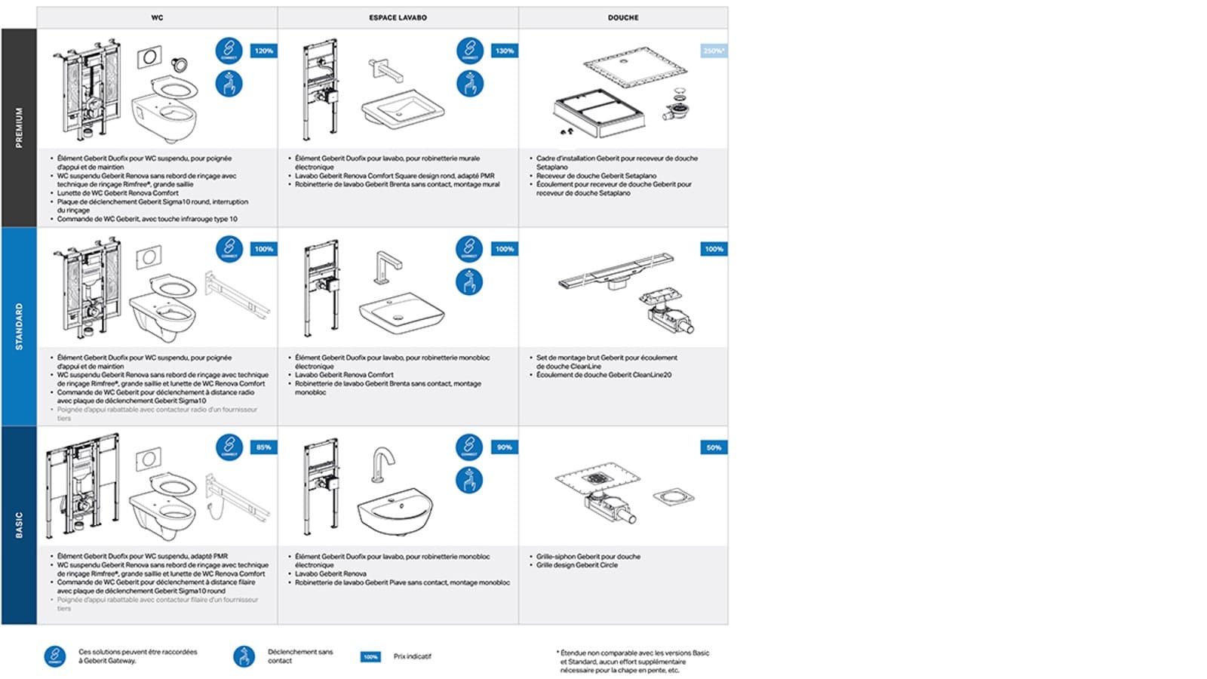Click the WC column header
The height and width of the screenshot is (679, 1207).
[157, 17]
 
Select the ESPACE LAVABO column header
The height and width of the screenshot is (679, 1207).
[398, 17]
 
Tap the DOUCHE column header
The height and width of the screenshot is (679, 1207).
[623, 17]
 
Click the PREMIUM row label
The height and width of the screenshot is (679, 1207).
[19, 128]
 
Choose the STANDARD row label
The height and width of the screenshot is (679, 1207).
[19, 326]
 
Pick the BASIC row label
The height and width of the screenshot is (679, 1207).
[19, 525]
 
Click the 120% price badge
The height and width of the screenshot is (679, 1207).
[264, 51]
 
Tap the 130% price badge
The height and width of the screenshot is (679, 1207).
[505, 51]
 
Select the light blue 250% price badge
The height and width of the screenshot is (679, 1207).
[714, 51]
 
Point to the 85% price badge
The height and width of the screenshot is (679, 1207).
[264, 447]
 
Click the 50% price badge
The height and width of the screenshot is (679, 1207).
[714, 447]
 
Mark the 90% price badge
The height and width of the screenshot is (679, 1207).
[505, 447]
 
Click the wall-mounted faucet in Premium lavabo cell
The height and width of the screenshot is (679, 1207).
[385, 69]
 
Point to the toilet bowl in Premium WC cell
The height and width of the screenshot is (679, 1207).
[164, 117]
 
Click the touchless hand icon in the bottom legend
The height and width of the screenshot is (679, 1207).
[244, 656]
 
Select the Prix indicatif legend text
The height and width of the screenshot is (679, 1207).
[412, 656]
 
